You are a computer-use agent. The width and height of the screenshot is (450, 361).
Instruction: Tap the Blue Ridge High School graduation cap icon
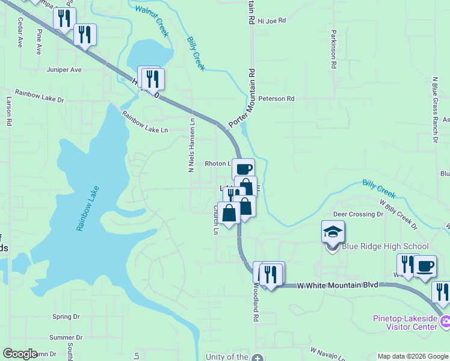[333, 231]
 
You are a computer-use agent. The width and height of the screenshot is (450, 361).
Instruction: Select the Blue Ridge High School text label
[385, 246]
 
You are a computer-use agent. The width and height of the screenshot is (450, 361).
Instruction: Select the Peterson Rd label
[276, 98]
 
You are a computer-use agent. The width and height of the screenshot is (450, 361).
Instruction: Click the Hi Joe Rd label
[271, 20]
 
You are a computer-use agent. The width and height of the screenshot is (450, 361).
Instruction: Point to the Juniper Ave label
[64, 70]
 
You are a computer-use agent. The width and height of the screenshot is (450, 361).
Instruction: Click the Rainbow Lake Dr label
[40, 96]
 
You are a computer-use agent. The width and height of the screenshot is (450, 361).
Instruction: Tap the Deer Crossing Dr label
[358, 214]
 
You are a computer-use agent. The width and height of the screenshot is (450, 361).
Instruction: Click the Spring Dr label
[66, 316]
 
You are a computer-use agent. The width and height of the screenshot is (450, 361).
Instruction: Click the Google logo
[20, 354]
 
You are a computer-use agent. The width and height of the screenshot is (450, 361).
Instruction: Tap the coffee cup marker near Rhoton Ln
[243, 169]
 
